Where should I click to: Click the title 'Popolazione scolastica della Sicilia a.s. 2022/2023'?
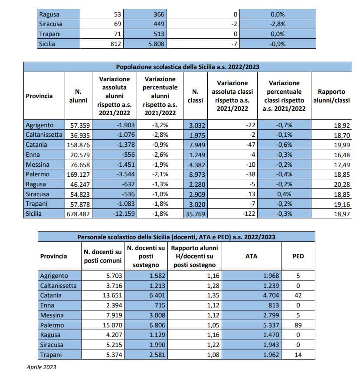(x=187, y=67)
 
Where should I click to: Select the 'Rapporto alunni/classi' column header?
(x=331, y=96)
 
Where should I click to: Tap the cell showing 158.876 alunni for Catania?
(x=79, y=145)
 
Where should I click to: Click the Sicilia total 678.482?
(x=78, y=214)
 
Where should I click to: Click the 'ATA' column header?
(x=251, y=256)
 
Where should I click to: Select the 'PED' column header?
(x=298, y=256)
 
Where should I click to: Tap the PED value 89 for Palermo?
(x=298, y=325)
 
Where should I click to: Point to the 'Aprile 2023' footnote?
(x=41, y=367)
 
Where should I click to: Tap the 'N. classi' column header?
(x=195, y=96)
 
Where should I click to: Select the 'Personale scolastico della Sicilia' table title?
(x=176, y=237)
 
